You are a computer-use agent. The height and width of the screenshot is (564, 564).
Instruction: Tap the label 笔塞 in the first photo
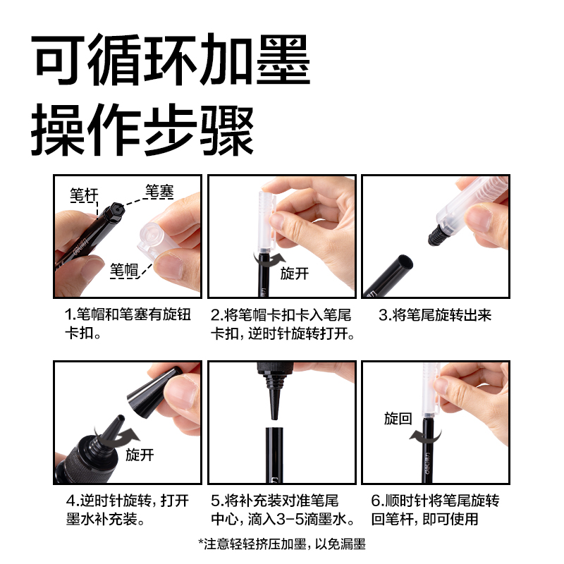[159, 190]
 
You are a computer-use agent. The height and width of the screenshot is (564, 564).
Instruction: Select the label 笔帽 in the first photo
[123, 269]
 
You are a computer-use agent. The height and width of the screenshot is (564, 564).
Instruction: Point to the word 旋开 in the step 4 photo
[140, 455]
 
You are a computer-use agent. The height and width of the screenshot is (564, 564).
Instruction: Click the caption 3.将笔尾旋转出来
[434, 315]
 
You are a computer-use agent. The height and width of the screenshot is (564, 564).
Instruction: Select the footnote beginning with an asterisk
[282, 543]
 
